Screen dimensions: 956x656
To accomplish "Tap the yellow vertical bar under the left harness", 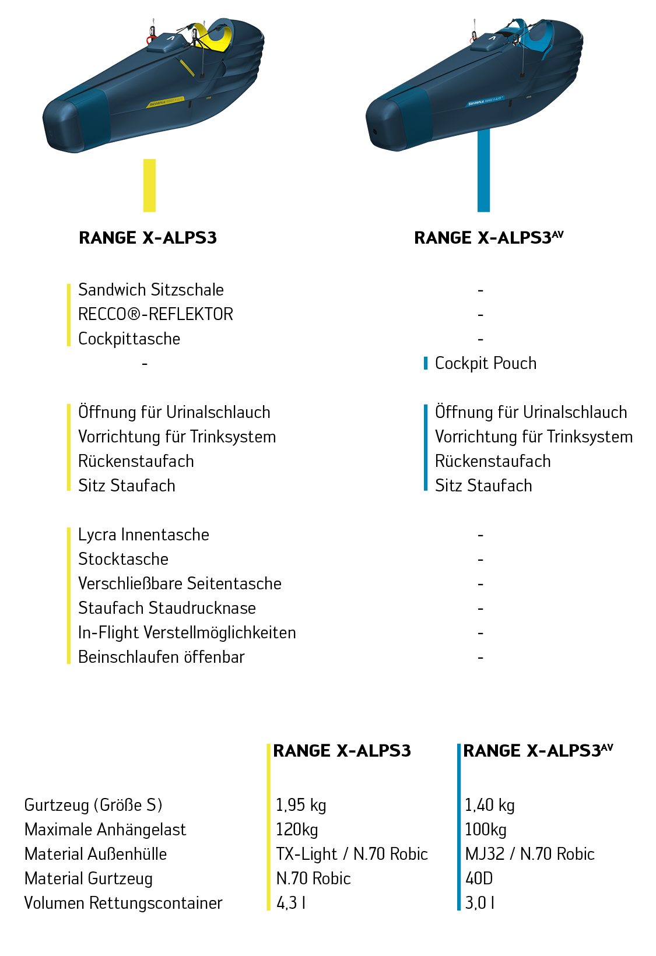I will pos(149,185).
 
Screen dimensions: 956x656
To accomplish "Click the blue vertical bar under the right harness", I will pos(483,170).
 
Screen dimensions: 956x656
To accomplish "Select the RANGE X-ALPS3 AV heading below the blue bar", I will pos(488,238).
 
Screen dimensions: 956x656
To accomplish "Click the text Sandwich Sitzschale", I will pos(150,290).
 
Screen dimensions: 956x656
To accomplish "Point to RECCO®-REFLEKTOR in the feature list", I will pos(155,314).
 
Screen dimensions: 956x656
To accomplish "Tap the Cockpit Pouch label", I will pos(485,363).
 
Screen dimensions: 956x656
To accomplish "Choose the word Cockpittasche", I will pos(129,339).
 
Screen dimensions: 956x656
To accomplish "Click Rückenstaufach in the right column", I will pos(492,461).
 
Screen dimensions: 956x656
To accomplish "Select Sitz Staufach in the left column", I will pos(127,486).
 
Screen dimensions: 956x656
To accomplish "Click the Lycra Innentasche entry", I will pos(143,535).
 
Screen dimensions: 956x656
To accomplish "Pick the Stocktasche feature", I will pos(123,559).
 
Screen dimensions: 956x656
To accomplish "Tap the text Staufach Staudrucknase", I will pos(167,608).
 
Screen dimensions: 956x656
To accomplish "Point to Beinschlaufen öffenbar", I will pos(161,657).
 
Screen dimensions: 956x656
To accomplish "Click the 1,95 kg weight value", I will pos(300,805).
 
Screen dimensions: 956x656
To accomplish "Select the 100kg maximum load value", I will pos(485,830).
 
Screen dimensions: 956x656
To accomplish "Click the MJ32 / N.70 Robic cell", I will pos(529,854).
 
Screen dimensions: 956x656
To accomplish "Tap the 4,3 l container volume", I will pos(290,903).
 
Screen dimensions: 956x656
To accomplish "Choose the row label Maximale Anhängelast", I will pos(105,830).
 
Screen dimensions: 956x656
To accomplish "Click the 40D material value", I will pos(479,878).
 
